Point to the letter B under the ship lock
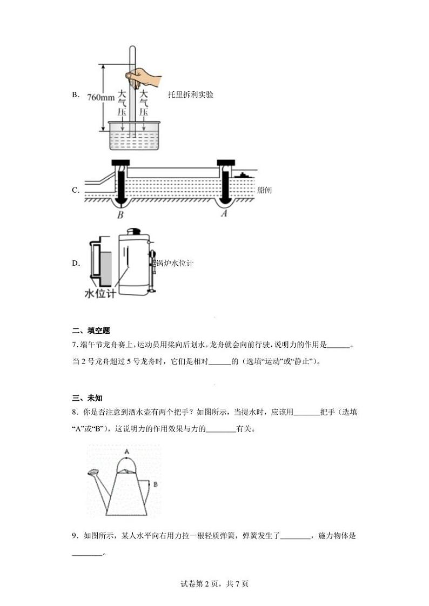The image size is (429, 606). pos(120,215)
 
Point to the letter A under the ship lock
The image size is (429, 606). pos(224,214)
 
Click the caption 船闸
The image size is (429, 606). pos(265,190)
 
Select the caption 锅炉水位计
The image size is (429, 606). pos(175,263)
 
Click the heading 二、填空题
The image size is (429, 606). pos(91,331)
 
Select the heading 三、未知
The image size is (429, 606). pos(87,398)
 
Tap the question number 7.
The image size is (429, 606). pos(74,346)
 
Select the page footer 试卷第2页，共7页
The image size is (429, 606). pos(215,583)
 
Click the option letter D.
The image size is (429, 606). pos(75,264)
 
